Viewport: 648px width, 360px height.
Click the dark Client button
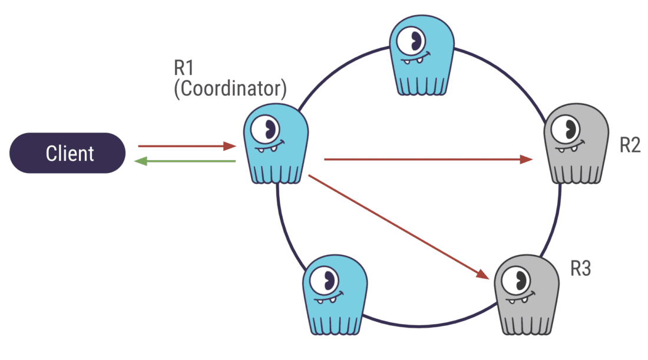point(67,153)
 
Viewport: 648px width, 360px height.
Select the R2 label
point(630,145)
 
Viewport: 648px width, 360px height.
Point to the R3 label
point(580,269)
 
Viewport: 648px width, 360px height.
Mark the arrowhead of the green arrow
point(140,161)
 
